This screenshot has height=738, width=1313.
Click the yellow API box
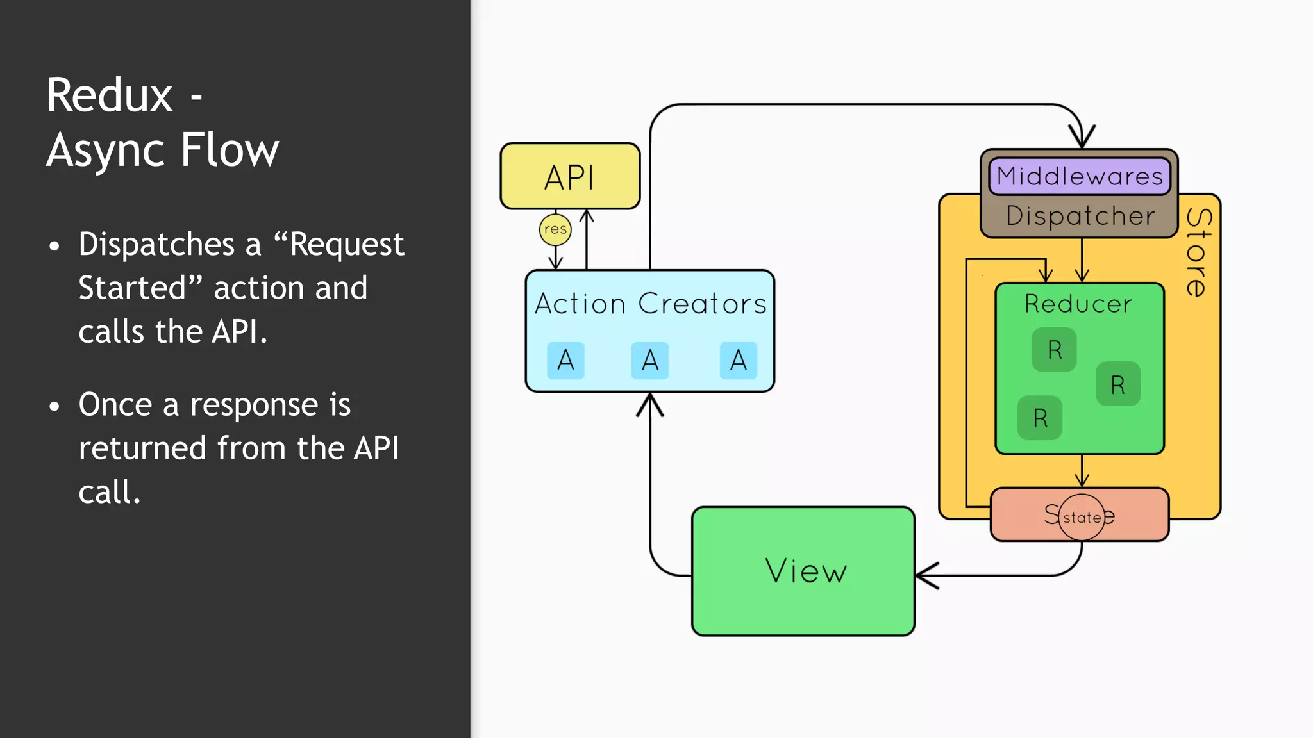pos(570,176)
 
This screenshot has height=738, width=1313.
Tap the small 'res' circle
pos(555,229)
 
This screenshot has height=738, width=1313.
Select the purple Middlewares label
pos(1080,176)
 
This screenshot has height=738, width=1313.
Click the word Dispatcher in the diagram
pos(1080,216)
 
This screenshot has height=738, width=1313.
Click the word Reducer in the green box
pos(1078,304)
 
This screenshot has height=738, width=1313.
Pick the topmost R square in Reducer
pos(1054,350)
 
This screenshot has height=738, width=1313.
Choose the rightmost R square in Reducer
pos(1117,384)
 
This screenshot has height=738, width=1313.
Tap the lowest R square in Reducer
pos(1040,418)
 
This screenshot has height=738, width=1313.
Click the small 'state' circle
pos(1082,517)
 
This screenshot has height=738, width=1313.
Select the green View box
pos(803,571)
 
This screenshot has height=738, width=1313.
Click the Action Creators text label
pos(650,304)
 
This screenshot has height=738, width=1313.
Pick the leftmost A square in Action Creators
pos(565,360)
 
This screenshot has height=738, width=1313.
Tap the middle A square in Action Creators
pos(649,360)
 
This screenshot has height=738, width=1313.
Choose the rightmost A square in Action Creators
pos(738,360)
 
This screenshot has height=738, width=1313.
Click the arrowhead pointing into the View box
pos(925,575)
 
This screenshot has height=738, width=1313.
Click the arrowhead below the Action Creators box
pos(650,404)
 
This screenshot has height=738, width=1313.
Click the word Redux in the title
pos(110,95)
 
